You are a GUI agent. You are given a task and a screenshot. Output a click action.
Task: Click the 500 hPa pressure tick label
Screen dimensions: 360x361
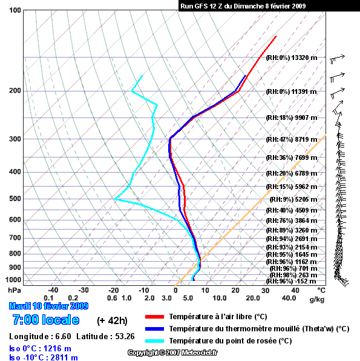coord(15,199)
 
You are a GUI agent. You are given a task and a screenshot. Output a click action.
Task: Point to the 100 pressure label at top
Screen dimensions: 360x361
coord(15,10)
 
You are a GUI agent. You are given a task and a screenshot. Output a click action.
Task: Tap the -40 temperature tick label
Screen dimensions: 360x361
coord(53,290)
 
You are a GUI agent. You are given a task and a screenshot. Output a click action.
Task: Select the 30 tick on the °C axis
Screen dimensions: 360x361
coord(265,290)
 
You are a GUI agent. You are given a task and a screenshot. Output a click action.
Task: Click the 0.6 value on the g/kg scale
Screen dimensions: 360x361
coord(112,298)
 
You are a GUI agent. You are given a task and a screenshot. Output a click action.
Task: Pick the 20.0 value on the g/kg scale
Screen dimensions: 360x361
coord(253,298)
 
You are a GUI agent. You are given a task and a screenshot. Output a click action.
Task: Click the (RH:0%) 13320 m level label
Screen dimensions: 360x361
coord(292,58)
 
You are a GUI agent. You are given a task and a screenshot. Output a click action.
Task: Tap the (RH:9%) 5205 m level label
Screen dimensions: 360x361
coord(293,199)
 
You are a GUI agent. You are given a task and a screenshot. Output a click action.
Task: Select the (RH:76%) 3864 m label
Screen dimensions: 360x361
coord(292,220)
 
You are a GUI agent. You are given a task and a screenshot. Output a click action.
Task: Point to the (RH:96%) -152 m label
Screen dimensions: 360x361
coord(291,281)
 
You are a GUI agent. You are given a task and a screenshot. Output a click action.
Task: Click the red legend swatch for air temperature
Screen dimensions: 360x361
coord(154,317)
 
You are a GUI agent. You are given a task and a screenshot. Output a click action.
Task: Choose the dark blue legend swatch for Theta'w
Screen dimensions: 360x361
coord(154,329)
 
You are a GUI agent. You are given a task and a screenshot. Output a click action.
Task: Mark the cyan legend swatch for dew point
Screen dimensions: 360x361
coord(154,341)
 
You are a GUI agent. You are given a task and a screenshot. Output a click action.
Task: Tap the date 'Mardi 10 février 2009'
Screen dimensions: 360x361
coord(48,306)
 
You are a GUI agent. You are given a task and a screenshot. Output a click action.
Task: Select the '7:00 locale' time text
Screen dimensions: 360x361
coord(46,320)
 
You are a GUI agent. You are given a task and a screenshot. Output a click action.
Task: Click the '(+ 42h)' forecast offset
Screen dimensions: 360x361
coord(112,320)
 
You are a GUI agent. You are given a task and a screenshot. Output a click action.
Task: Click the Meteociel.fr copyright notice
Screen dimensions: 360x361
coord(172,353)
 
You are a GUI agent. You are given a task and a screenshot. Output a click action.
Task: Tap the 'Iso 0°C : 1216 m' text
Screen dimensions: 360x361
coord(40,348)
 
